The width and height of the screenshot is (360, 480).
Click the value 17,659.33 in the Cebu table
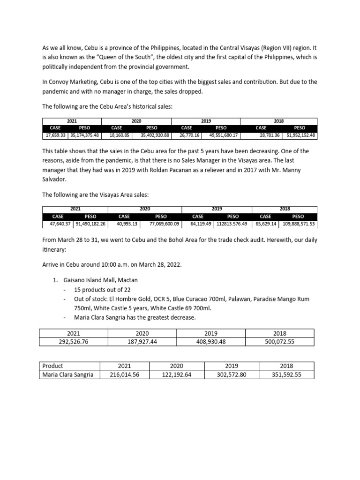click(55, 135)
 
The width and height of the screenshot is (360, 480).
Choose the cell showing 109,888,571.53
click(298, 224)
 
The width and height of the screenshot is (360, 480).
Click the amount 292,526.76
click(74, 342)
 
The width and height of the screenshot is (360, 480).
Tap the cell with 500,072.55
click(279, 342)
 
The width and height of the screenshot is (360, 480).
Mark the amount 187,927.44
click(142, 342)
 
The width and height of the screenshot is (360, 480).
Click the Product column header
click(52, 366)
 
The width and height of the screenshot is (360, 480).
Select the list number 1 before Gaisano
click(54, 280)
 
